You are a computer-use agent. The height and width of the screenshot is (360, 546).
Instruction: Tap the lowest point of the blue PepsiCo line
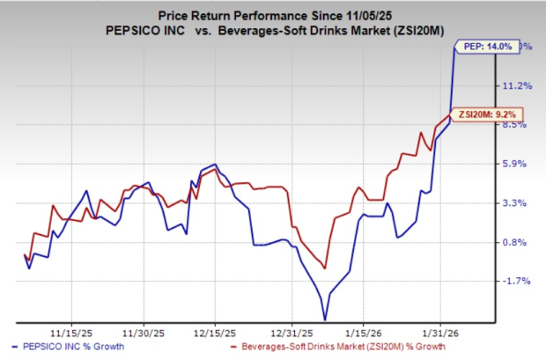coord(325,320)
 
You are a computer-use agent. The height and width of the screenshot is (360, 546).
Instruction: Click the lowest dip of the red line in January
coord(326,268)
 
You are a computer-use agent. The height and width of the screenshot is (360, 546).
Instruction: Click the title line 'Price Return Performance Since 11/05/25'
coord(273,11)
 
